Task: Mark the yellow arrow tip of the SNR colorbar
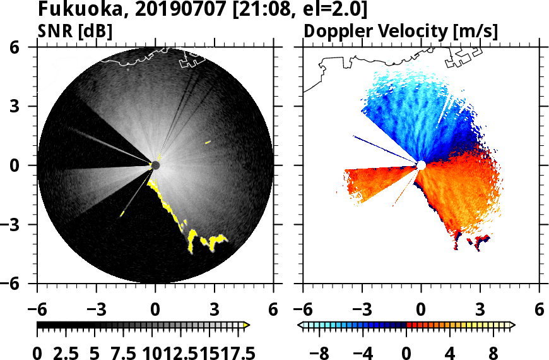pos(247,325)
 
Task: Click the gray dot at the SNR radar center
pos(155,165)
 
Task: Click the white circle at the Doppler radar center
pos(421,165)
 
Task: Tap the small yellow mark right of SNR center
pos(208,143)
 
